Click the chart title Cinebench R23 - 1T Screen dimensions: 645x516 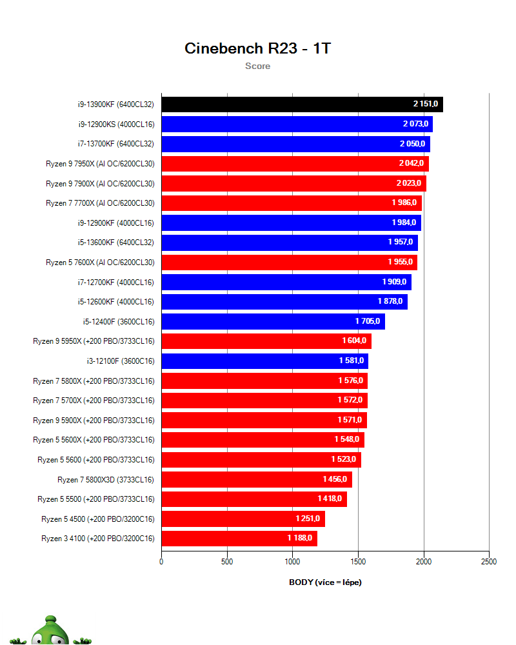point(257,48)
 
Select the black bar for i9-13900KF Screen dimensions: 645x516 point(302,104)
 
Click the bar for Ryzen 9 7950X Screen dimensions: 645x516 point(295,164)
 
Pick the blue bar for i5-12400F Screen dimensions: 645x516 point(273,321)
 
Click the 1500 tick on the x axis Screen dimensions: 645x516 point(358,562)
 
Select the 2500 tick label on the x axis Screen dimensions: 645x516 point(489,562)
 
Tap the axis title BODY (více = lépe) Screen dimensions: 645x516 point(325,582)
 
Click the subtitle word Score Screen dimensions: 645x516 point(257,66)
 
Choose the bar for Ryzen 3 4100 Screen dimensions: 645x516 point(239,538)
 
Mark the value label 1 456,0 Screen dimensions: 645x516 point(335,479)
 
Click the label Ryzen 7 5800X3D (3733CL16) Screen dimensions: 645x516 point(106,479)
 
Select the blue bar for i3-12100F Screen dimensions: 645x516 point(264,361)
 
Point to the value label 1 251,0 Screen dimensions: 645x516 point(308,519)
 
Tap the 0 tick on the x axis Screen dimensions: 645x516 point(161,562)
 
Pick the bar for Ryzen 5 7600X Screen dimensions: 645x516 point(289,263)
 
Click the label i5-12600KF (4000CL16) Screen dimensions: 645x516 point(115,301)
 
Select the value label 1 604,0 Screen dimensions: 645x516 point(354,341)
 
